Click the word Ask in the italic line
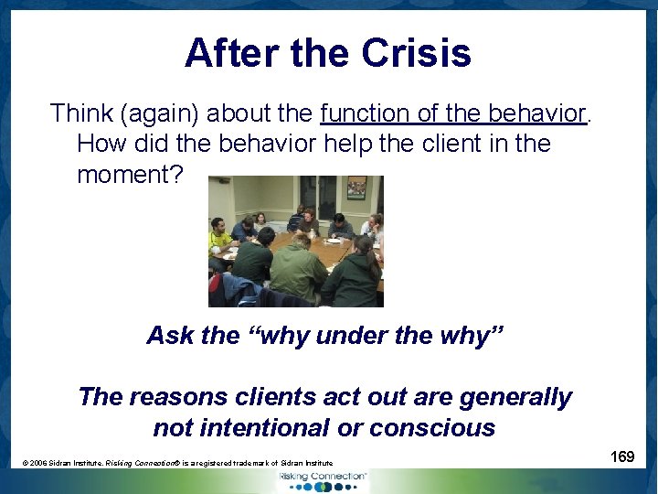[x=170, y=336]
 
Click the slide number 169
[x=622, y=456]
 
